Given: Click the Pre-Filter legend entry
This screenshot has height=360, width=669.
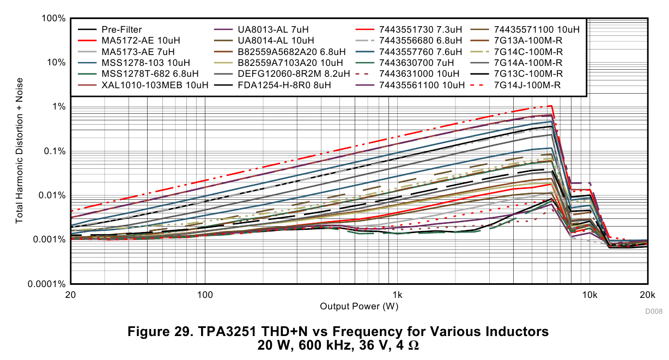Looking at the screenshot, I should click(x=121, y=29).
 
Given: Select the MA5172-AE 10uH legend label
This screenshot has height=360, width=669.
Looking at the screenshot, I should click(x=140, y=41).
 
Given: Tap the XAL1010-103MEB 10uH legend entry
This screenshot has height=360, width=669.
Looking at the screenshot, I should click(x=155, y=85).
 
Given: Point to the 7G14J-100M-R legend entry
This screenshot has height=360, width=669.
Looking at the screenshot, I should click(x=527, y=85).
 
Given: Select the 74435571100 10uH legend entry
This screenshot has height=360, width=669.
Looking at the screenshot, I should click(x=537, y=29).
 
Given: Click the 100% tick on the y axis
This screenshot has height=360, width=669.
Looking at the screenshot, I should click(x=53, y=19).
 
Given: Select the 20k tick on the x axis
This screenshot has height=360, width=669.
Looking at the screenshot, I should click(x=647, y=295).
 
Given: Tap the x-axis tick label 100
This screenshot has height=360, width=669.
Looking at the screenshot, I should click(x=205, y=295).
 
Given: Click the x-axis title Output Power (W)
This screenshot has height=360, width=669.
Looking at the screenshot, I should click(x=359, y=306).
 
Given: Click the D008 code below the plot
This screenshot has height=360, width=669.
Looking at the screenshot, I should click(x=653, y=312).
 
